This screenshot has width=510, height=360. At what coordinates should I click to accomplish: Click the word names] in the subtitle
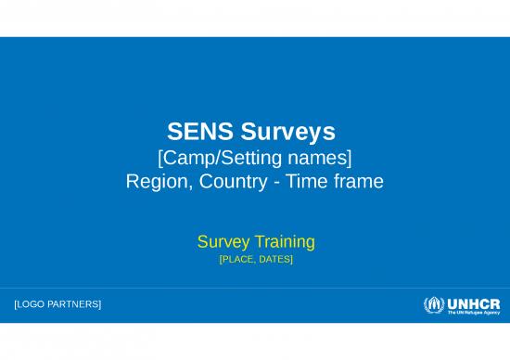tap(323, 155)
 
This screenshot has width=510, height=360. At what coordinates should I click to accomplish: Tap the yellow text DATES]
tap(275, 260)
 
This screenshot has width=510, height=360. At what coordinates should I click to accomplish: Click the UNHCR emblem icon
tap(434, 305)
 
